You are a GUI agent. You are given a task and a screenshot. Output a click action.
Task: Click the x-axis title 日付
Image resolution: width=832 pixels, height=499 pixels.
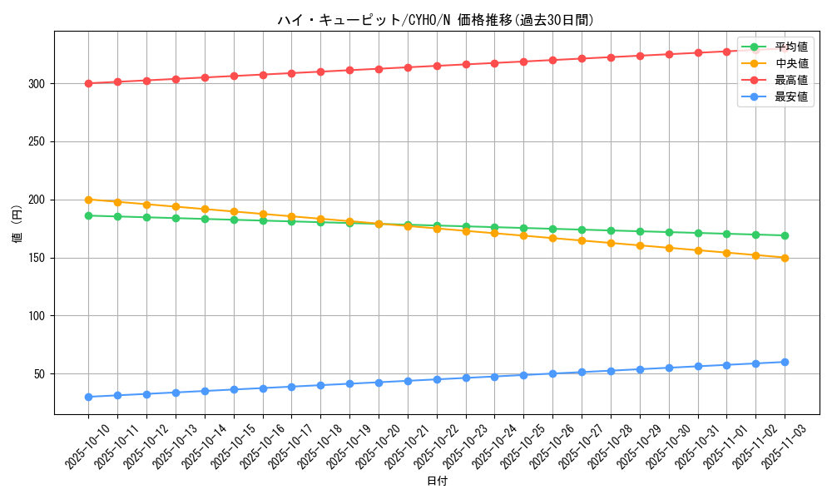[x=436, y=481]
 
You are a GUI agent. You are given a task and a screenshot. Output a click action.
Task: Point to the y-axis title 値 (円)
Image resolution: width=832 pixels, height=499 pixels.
[x=17, y=224]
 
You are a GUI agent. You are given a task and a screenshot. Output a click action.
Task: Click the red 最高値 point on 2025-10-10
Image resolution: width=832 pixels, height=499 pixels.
[x=88, y=83]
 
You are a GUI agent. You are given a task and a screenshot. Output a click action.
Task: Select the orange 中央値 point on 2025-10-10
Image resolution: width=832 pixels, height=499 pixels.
[x=88, y=200]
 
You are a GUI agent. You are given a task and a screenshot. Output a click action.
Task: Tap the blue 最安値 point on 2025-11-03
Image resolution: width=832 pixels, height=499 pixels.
[x=785, y=362]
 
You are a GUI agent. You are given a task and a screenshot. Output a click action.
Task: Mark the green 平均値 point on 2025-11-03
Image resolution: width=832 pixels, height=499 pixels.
[x=785, y=235]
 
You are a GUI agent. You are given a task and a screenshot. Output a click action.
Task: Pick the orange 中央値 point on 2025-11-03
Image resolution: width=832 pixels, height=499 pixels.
[x=785, y=258]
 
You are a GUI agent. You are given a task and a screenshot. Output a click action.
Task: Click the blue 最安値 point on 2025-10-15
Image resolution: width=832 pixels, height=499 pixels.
[x=234, y=389]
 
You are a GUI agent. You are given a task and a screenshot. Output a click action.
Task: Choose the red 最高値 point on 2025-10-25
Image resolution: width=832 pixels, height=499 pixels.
[x=523, y=62]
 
